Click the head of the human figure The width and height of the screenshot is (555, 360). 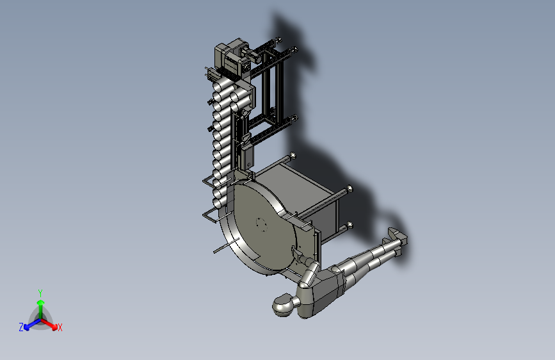tap(283, 305)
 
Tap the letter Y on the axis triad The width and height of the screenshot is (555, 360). tap(40, 293)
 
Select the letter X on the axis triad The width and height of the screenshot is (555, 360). tap(60, 328)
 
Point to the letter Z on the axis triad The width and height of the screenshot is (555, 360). tap(21, 327)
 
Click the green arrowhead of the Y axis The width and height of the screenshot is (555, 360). tap(41, 303)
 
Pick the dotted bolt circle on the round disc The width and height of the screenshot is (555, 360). tap(262, 225)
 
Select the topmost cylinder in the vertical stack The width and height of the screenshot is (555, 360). tap(223, 85)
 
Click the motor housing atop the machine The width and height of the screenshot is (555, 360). tap(232, 58)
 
